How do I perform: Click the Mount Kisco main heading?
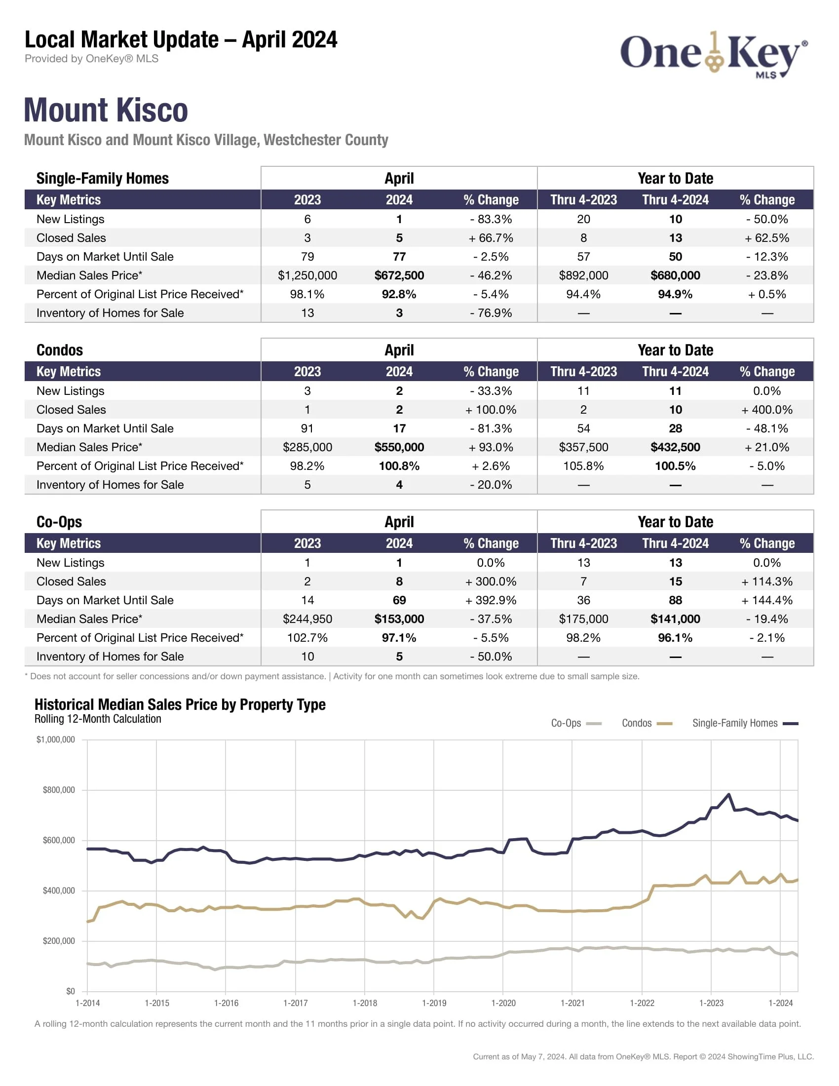click(x=106, y=110)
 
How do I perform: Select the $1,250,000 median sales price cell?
click(x=307, y=275)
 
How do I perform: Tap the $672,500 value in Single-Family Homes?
click(x=399, y=275)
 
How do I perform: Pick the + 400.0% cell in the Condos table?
click(x=766, y=410)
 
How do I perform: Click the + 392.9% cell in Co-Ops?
click(x=491, y=600)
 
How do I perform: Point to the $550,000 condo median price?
click(x=399, y=447)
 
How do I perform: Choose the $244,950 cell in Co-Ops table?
click(x=307, y=619)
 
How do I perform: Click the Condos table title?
click(x=60, y=350)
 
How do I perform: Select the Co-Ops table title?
click(x=59, y=522)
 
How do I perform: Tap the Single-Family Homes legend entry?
click(x=745, y=724)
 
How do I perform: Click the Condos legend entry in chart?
click(x=647, y=724)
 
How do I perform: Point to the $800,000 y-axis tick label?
click(x=59, y=790)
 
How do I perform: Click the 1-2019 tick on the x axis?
click(x=434, y=1004)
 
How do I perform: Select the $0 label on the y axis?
click(x=70, y=992)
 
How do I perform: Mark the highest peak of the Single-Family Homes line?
click(x=728, y=794)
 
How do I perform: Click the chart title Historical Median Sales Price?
click(x=180, y=704)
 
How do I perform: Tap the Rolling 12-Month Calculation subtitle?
click(x=98, y=719)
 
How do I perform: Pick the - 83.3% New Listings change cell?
click(x=491, y=219)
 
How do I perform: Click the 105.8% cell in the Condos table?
click(x=583, y=466)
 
